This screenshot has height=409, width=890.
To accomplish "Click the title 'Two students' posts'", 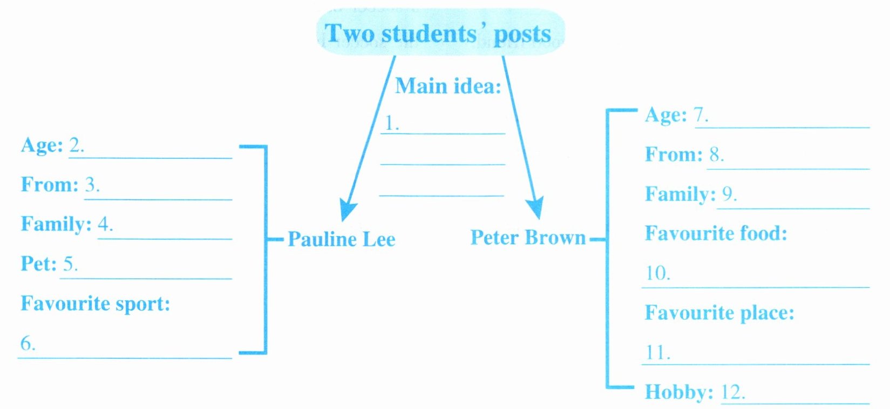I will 438,33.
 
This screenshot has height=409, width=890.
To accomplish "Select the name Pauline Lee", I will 341,239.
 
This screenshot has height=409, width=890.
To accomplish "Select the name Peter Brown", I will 528,238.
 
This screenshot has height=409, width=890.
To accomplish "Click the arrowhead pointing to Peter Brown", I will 534,208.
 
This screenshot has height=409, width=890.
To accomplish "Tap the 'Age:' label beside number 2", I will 42,145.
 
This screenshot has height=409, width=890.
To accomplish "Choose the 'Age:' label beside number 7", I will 665,115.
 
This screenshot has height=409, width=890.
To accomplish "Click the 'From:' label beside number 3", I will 49,185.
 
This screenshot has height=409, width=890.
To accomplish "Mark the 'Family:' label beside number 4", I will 56,224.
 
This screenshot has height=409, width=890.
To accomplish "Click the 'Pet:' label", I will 38,264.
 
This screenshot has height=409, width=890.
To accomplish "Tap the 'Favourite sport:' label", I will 95,304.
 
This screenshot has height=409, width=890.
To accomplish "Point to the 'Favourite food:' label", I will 716,234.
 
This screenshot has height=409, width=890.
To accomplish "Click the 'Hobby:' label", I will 678,392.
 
